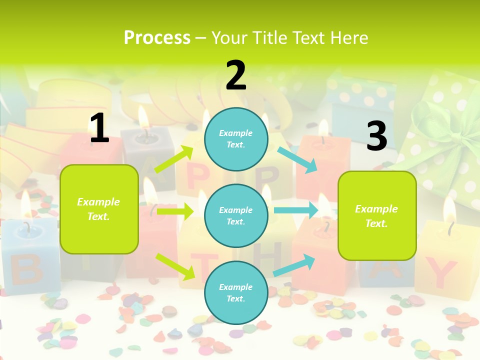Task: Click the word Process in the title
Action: point(157,37)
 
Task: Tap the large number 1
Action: point(99,128)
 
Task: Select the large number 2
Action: point(236,75)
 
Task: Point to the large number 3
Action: point(376,136)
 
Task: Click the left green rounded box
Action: point(99,209)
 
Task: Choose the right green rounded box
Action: point(377,216)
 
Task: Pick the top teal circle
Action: point(236,138)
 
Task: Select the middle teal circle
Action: point(236,215)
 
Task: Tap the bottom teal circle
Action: point(236,292)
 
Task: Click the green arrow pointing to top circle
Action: point(174,159)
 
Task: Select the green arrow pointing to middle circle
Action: point(174,212)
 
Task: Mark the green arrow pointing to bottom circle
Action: point(175,266)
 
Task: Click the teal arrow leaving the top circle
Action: point(297,159)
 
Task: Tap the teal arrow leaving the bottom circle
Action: point(294,265)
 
